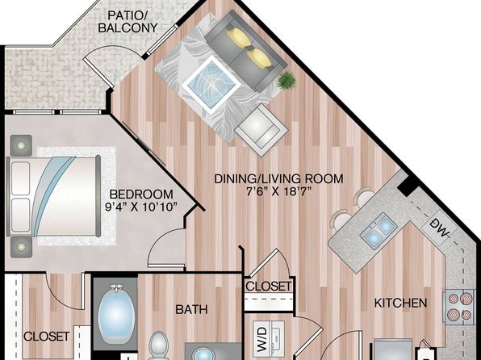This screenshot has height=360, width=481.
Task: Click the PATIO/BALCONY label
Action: [x=128, y=21]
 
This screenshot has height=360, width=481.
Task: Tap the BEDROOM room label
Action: [x=141, y=195]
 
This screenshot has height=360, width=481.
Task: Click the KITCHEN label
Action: [x=400, y=303]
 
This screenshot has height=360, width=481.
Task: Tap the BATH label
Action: [x=191, y=309]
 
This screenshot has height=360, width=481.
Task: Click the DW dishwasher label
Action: [x=440, y=228]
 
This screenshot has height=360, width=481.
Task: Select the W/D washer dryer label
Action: [x=261, y=339]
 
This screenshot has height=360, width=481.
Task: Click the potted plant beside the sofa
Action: [x=287, y=81]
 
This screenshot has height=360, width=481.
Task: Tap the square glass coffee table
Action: [x=211, y=83]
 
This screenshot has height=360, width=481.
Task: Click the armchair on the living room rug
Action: [x=261, y=130]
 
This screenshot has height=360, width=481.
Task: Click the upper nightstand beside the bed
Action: [x=21, y=145]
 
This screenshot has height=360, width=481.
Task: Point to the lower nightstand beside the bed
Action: [x=21, y=246]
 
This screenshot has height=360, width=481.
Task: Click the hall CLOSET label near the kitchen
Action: [x=269, y=286]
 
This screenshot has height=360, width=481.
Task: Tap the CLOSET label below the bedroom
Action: [x=47, y=337]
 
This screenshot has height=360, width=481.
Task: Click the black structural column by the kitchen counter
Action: [x=407, y=186]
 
